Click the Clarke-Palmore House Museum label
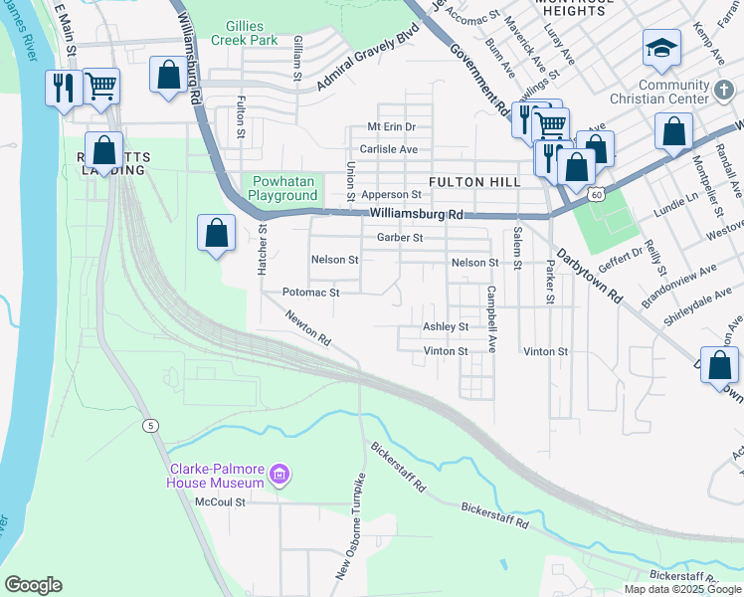click(215, 476)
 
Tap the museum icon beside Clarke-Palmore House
click(279, 475)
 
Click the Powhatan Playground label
click(282, 188)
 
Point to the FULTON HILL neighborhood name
click(474, 182)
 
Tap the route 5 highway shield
click(150, 426)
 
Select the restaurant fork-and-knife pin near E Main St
click(62, 88)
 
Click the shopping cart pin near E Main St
click(100, 86)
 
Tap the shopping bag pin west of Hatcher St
click(216, 234)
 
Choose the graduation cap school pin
click(659, 47)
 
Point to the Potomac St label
click(311, 293)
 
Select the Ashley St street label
click(446, 326)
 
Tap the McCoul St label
click(220, 501)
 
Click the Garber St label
click(400, 238)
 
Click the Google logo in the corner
click(33, 585)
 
